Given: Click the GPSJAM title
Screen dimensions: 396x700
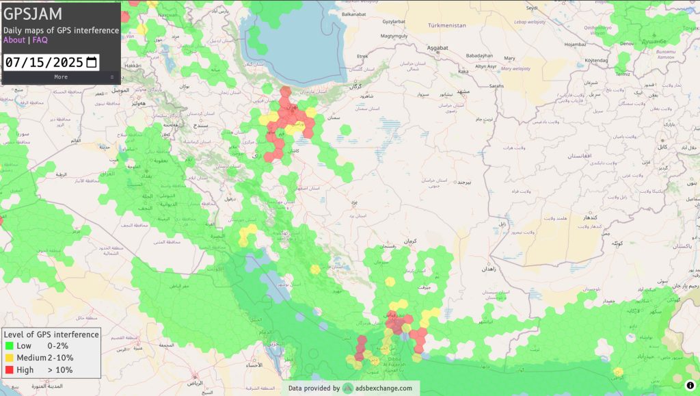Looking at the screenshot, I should click(33, 14).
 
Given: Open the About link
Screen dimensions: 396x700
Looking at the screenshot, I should click(14, 40).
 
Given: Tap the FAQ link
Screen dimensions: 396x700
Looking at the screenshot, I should click(40, 40).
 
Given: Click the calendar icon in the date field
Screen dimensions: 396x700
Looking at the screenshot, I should click(92, 62).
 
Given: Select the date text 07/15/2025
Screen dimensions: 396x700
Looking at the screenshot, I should click(44, 62).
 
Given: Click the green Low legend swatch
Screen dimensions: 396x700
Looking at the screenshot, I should click(9, 346).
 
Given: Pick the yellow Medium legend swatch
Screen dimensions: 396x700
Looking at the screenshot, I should click(9, 358).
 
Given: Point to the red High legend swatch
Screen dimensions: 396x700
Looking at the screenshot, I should click(9, 370).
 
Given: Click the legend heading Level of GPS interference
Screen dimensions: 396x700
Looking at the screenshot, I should click(51, 334).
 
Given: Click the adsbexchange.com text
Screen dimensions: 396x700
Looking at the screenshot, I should click(383, 388).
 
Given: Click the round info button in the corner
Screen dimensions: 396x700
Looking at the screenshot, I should click(690, 385).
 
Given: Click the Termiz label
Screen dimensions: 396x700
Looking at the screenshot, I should click(622, 73).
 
